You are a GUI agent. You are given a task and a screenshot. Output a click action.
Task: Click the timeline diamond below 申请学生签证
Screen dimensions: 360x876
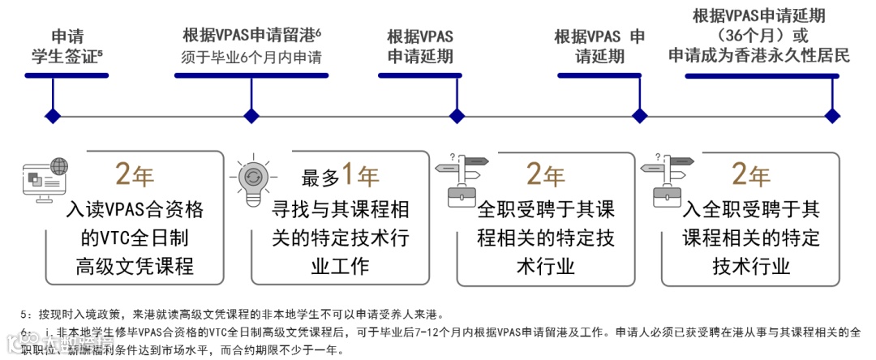click(54, 115)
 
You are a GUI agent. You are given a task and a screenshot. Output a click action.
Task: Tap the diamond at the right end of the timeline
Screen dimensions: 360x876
click(831, 115)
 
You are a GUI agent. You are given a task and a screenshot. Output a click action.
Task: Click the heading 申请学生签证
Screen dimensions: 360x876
click(67, 47)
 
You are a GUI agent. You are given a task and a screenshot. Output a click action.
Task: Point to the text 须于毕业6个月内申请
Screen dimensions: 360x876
click(251, 58)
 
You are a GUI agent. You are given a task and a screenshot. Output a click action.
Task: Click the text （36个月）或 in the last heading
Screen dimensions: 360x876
click(758, 36)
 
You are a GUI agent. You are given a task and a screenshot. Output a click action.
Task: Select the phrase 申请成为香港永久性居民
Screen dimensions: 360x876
click(758, 56)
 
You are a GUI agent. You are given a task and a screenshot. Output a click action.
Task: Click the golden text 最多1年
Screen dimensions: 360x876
click(341, 176)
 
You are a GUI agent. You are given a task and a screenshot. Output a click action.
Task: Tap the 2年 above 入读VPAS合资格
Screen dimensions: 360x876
click(135, 174)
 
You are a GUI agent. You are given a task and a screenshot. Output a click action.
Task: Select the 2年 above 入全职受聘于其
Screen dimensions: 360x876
click(750, 174)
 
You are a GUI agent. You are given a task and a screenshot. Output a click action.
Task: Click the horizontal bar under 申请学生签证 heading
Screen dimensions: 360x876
click(67, 75)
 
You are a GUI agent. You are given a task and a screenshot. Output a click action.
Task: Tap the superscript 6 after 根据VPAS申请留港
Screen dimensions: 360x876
click(319, 31)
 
